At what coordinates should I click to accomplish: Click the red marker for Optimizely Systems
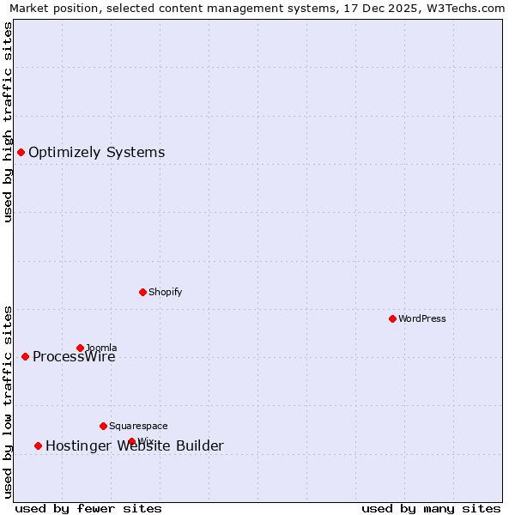21,152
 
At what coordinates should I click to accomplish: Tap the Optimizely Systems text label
96,153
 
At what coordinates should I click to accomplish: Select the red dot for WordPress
392,318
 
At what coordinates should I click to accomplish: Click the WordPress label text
421,319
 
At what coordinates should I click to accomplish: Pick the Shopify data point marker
142,292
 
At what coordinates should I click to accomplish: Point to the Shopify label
165,293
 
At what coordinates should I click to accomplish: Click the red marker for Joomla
80,348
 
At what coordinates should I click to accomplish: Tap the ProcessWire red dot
25,356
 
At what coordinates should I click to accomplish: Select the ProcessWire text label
74,357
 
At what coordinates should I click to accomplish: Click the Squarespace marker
103,426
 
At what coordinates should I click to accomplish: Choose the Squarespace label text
138,427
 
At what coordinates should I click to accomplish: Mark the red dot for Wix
131,441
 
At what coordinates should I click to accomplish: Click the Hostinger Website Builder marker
38,445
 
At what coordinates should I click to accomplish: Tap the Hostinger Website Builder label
134,446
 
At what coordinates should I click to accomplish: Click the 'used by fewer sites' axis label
88,509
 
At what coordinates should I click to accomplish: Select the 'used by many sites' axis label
431,509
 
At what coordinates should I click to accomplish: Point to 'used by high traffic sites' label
8,122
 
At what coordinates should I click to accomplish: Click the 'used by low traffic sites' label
8,401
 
